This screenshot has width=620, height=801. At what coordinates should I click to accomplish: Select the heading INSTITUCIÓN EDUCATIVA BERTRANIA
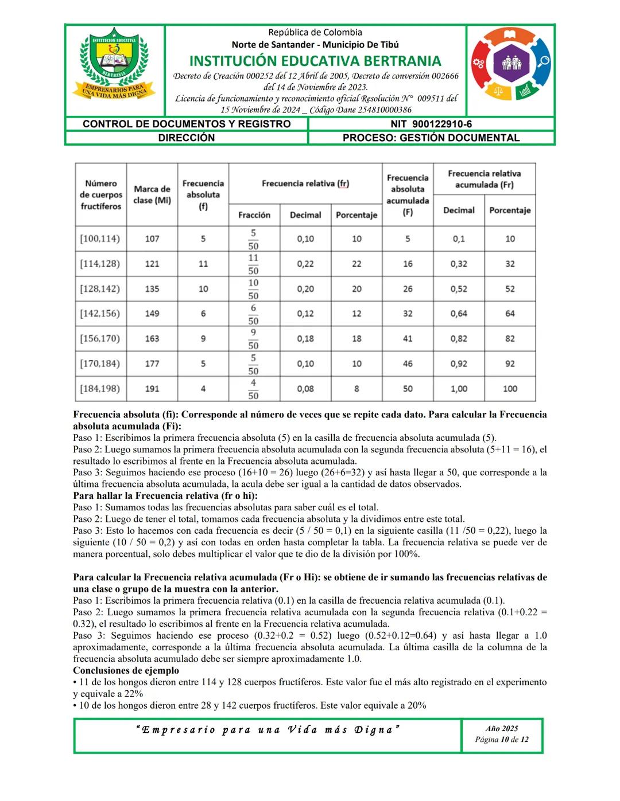point(315,61)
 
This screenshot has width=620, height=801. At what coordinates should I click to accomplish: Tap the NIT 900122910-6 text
point(431,124)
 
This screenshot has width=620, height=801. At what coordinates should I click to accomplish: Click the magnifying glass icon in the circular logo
point(543,61)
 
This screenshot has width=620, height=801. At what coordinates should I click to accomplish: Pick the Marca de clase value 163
point(152,339)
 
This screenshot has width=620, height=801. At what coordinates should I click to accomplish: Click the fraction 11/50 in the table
point(253,264)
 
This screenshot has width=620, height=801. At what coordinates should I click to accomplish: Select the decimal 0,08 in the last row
point(305,389)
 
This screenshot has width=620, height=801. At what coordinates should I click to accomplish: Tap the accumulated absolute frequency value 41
point(408,339)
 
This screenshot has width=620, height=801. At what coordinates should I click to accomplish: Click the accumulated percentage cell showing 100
point(510,389)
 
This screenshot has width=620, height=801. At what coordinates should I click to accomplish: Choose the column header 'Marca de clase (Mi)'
point(152,194)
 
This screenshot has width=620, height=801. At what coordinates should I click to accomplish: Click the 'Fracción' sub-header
point(254,215)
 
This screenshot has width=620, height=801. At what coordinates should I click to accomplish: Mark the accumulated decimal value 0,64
point(459,314)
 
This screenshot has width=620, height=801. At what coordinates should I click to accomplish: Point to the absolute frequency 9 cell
point(203,339)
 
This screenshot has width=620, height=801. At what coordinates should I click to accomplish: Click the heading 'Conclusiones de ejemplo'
point(126,670)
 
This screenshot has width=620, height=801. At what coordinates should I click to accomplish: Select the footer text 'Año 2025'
point(502,729)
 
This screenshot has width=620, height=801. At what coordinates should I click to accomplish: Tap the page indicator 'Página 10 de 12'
point(502,740)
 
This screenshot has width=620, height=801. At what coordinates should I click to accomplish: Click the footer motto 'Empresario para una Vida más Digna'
point(268,730)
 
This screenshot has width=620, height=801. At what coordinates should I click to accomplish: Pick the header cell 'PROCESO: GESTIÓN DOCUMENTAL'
point(431,138)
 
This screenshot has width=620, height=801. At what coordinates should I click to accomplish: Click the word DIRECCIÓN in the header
point(187,138)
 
